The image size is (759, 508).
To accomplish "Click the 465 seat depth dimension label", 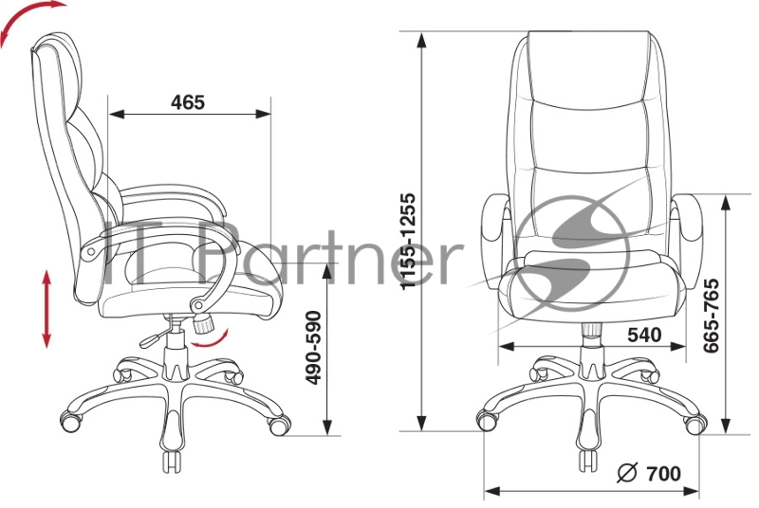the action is [188, 102].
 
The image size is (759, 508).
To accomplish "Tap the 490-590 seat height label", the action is [315, 348].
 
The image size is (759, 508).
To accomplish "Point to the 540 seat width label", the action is [644, 335].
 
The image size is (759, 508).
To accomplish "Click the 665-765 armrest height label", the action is [711, 316].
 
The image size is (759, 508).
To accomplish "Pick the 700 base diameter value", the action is [663, 474].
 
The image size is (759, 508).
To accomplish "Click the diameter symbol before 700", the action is [628, 474].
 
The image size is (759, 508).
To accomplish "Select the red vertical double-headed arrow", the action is [46, 309].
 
